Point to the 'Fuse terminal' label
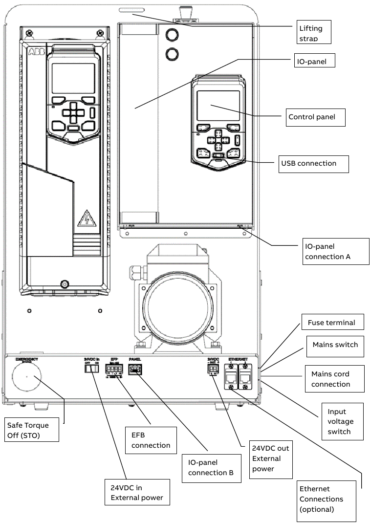click(x=331, y=323)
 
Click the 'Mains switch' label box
click(x=335, y=345)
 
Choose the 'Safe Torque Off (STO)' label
click(x=31, y=430)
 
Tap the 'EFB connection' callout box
click(x=151, y=440)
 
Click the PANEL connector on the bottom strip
click(x=134, y=371)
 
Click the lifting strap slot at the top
click(x=132, y=9)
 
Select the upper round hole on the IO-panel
click(x=172, y=34)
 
